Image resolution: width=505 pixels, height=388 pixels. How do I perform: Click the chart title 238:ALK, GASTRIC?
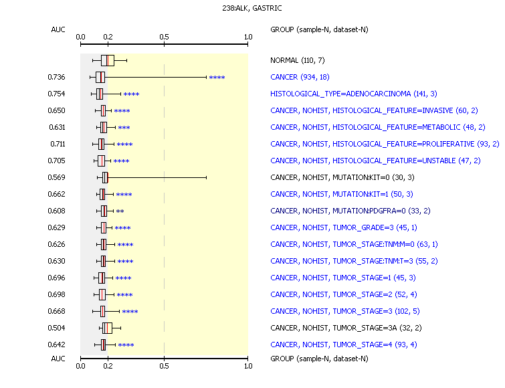pyautogui.click(x=252, y=8)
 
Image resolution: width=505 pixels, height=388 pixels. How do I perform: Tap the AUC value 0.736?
pyautogui.click(x=56, y=77)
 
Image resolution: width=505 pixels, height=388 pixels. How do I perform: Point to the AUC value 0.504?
pyautogui.click(x=56, y=328)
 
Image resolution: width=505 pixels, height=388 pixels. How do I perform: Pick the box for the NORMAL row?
pyautogui.click(x=108, y=60)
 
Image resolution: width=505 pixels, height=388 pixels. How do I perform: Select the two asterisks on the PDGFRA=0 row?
pyautogui.click(x=120, y=211)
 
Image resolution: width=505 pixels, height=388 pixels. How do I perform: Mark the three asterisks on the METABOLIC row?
pyautogui.click(x=124, y=128)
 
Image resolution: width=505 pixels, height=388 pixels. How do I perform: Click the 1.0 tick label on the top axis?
pyautogui.click(x=248, y=37)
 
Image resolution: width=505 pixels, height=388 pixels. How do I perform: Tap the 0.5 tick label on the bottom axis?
pyautogui.click(x=164, y=366)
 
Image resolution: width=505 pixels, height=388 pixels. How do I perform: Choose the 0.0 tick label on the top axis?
pyautogui.click(x=80, y=37)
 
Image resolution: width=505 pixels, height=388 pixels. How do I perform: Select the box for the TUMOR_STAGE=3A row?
pyautogui.click(x=107, y=328)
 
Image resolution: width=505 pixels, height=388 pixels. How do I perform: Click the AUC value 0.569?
pyautogui.click(x=56, y=177)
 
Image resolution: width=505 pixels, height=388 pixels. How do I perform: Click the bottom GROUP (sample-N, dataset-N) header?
pyautogui.click(x=319, y=359)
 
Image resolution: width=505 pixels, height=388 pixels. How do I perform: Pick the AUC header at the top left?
pyautogui.click(x=58, y=29)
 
